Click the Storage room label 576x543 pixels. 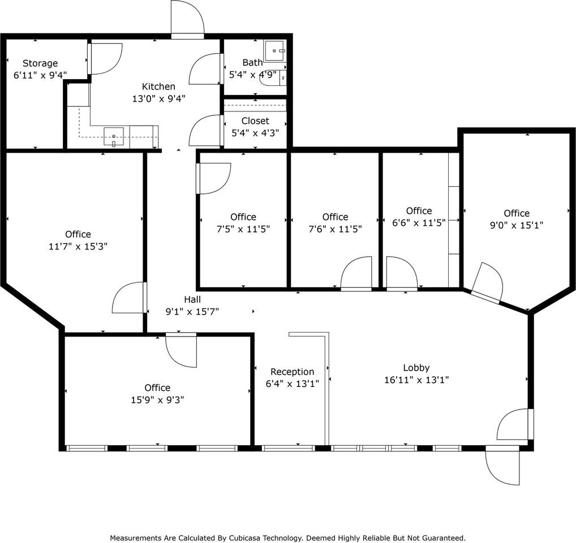(x=40, y=63)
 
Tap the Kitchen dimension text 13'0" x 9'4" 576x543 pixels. (x=158, y=98)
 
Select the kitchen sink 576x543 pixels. (x=114, y=137)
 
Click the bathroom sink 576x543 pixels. (x=274, y=51)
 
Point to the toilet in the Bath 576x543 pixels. (x=273, y=77)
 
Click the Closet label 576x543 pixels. (x=255, y=121)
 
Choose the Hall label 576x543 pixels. (x=192, y=300)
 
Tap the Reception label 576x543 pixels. (x=293, y=372)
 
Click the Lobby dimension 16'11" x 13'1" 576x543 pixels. (x=416, y=380)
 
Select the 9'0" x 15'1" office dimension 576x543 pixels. (x=517, y=225)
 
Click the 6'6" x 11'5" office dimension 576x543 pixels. (x=419, y=222)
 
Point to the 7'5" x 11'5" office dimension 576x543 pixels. (x=243, y=229)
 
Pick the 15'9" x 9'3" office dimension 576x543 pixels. (x=158, y=399)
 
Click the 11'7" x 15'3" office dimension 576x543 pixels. (x=78, y=246)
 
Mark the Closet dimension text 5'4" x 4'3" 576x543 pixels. (x=255, y=132)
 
